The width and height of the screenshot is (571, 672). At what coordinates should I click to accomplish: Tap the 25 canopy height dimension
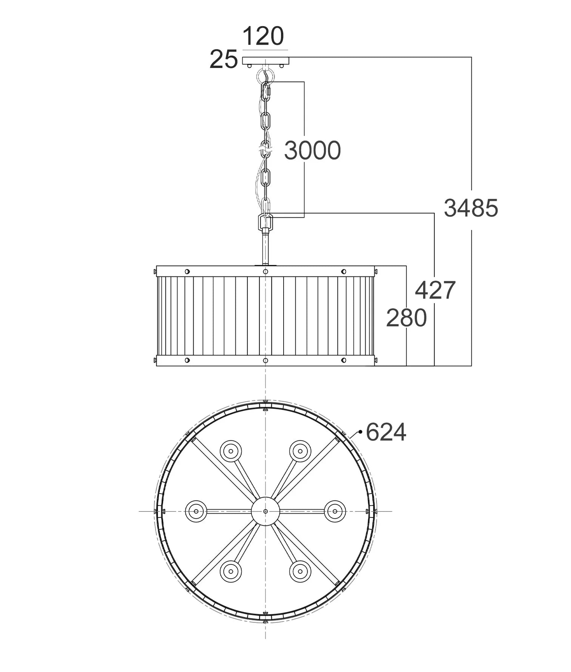224,59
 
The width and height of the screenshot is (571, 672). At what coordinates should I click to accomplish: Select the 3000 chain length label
312,150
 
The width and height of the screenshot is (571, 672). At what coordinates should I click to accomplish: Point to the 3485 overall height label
471,208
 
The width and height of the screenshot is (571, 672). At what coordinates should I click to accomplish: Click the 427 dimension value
435,290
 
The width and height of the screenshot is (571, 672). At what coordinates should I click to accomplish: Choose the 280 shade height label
406,318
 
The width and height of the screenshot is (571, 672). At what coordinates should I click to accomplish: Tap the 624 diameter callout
386,432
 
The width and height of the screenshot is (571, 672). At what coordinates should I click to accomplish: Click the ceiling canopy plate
265,60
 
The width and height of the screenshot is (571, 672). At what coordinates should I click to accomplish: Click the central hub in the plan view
265,511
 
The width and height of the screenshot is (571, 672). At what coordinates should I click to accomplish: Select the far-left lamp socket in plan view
196,511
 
